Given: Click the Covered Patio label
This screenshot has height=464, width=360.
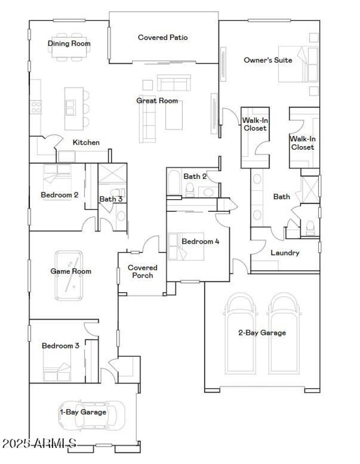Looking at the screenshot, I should (162, 37).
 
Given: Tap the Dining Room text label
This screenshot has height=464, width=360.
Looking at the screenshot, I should (69, 44).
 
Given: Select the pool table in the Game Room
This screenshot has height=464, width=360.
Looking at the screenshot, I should (69, 275).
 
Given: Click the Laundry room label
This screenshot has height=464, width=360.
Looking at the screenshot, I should (285, 253).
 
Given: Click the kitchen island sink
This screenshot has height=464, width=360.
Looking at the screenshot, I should (71, 108).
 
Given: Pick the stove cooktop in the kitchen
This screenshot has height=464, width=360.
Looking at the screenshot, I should (36, 107).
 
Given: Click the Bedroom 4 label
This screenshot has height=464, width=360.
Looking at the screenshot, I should (200, 241).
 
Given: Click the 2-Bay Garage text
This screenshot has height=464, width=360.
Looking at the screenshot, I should (262, 333).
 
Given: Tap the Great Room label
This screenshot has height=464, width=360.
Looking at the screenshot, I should (157, 101).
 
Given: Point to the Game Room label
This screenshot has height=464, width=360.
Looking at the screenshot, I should (71, 271).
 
